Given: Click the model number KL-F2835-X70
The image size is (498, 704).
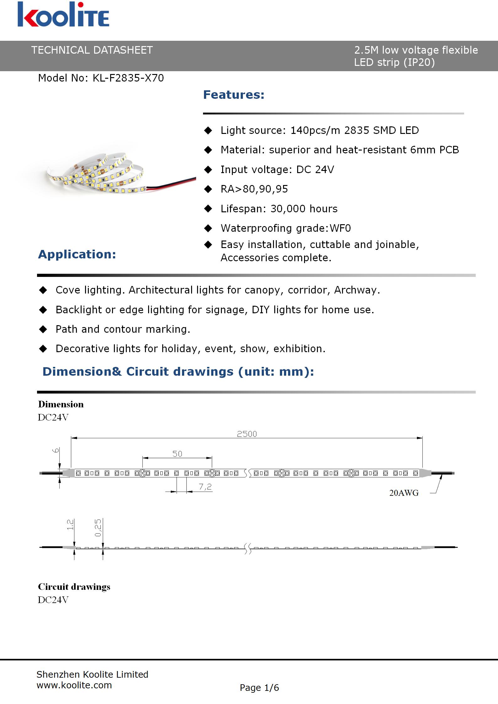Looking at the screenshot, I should click(x=128, y=78).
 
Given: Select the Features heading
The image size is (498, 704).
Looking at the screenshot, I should click(x=234, y=95).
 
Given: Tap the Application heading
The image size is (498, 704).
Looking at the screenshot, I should click(x=77, y=254).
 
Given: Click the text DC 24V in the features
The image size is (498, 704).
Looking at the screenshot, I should click(x=315, y=170).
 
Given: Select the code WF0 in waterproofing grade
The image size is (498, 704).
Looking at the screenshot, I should click(x=340, y=228).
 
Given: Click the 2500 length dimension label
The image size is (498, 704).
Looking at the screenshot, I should click(x=247, y=434).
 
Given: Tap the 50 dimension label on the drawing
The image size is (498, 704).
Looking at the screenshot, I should click(x=177, y=453).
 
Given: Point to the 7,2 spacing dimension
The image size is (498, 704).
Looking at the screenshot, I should click(x=205, y=487).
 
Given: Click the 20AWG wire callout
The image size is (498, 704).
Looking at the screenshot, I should click(x=404, y=493).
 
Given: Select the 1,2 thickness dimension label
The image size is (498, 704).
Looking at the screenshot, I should click(x=70, y=524).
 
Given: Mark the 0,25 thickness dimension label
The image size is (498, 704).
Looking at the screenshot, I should click(x=98, y=528).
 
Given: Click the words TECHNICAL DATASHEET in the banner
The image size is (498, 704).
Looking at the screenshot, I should click(x=92, y=50).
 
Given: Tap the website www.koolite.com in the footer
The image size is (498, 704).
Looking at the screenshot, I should click(x=74, y=685).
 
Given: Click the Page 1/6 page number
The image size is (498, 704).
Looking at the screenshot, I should click(x=259, y=688).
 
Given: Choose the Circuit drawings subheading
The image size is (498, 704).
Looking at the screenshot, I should click(x=74, y=587).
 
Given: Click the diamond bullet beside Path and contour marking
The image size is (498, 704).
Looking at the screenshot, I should click(x=43, y=329).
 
